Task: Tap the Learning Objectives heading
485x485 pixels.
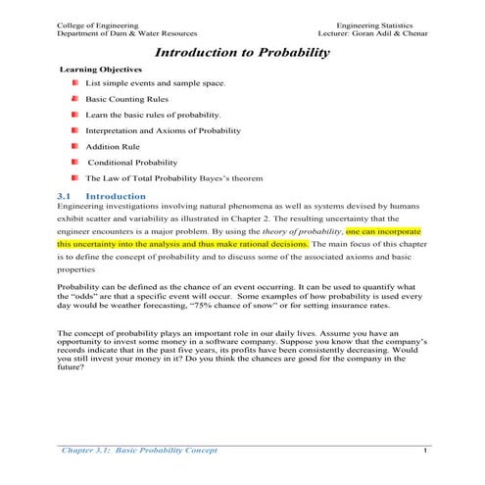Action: [101, 71]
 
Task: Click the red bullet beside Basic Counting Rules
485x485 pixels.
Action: [73, 99]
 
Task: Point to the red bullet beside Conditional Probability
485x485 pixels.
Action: [73, 162]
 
